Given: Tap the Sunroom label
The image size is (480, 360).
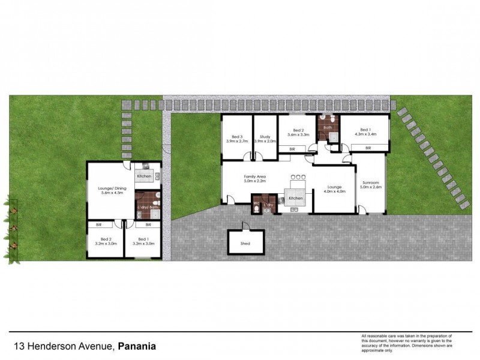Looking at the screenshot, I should click(x=371, y=182).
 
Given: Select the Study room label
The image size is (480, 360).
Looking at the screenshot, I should click(x=265, y=136).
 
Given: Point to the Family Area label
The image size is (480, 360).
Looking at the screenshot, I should click(x=254, y=177).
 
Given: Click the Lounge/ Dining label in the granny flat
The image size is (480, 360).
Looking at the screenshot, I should click(x=110, y=188).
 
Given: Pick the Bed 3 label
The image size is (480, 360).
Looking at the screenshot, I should click(x=236, y=136).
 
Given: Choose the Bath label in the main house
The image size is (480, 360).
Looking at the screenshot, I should click(x=328, y=127).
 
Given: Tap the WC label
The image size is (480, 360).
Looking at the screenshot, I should click(x=256, y=204).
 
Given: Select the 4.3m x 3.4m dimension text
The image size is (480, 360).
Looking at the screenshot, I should click(x=365, y=134).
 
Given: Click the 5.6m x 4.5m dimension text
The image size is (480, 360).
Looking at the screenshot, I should click(x=110, y=193).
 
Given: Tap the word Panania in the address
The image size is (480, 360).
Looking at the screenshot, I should click(x=137, y=346).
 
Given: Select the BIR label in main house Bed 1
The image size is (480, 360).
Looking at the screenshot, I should click(x=368, y=148).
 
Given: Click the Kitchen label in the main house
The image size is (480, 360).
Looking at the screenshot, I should click(x=296, y=198).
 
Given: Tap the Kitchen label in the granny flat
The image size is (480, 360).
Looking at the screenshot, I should click(x=143, y=176).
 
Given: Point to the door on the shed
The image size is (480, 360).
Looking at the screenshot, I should click(x=245, y=226).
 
